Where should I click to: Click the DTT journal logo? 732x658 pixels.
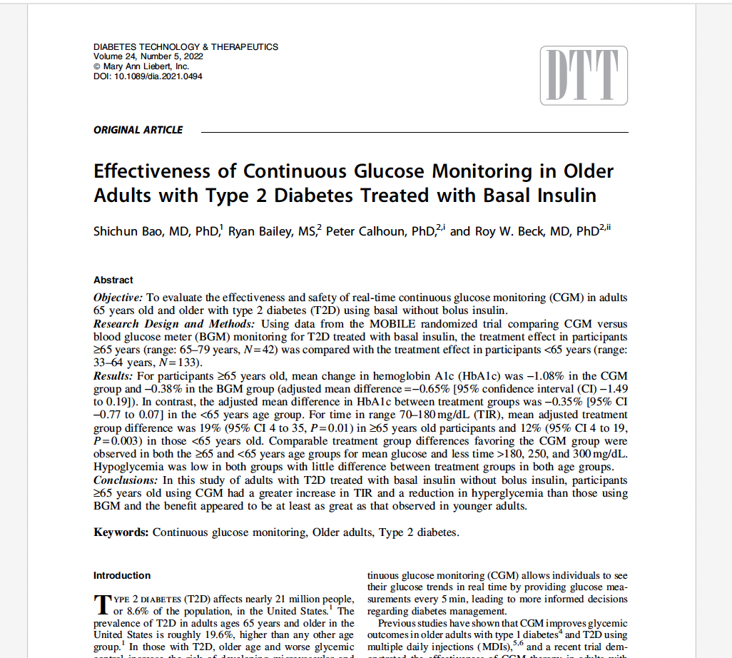[x=584, y=76]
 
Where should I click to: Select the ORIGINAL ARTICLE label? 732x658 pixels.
[x=138, y=130]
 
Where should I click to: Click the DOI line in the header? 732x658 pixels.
[x=148, y=76]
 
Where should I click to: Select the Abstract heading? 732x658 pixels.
[x=113, y=280]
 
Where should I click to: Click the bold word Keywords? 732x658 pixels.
[x=121, y=532]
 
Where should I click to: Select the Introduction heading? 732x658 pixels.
[x=122, y=576]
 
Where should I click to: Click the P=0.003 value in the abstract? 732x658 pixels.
[x=115, y=441]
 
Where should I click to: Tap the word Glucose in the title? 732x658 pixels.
[x=378, y=172]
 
